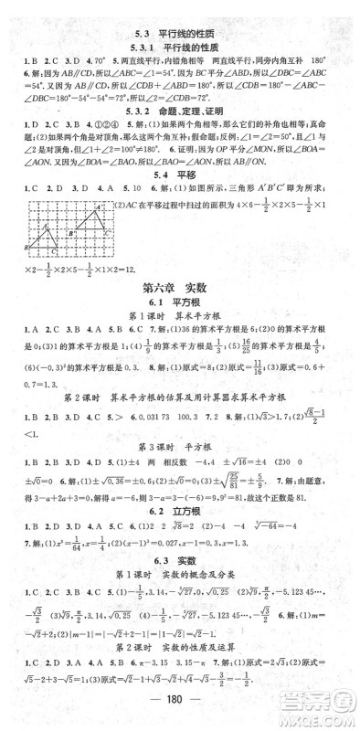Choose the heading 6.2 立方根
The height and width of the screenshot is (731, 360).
[179, 523]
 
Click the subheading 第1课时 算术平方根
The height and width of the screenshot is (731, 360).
[179, 358]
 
